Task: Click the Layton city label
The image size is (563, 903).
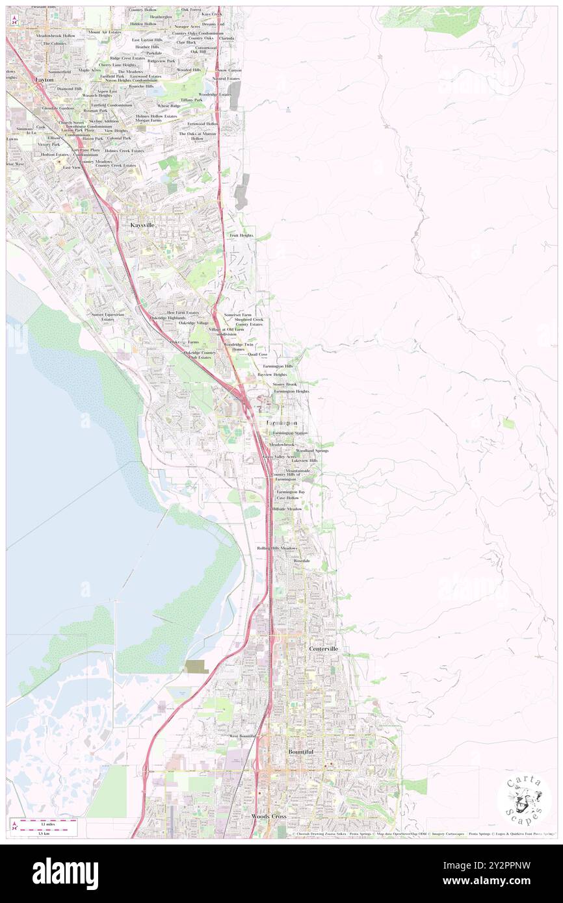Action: click(x=44, y=79)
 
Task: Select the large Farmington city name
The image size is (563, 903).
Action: click(x=282, y=422)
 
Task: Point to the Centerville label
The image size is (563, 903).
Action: click(x=324, y=648)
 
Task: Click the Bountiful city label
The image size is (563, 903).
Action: click(x=301, y=752)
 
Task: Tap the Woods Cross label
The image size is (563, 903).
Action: click(x=268, y=815)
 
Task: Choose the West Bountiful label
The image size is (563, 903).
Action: click(x=242, y=735)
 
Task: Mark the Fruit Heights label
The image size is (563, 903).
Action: click(x=241, y=235)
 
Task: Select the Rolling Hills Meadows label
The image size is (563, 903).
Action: click(x=277, y=548)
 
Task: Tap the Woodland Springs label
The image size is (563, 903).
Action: click(x=312, y=450)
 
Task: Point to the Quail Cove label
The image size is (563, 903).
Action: click(x=257, y=355)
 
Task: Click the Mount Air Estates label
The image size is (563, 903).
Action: click(x=105, y=32)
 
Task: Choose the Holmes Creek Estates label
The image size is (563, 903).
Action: click(x=120, y=151)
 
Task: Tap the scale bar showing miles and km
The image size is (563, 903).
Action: click(x=44, y=826)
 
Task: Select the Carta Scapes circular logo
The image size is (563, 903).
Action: click(x=523, y=798)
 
